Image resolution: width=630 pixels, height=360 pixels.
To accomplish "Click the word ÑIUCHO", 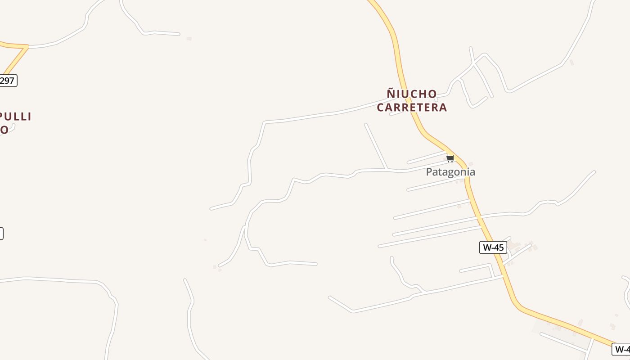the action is click(x=412, y=94).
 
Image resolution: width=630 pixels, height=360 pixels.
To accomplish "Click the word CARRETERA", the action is click(x=412, y=107).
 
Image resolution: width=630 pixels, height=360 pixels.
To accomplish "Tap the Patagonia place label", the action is click(x=450, y=172).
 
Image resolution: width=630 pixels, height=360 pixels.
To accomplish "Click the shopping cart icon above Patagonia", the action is click(x=450, y=158).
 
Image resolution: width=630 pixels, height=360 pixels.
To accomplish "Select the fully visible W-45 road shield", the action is click(x=493, y=247).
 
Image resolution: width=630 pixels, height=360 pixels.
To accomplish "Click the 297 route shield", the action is click(x=7, y=81).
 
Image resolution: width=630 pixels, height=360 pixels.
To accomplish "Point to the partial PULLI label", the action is click(x=16, y=117).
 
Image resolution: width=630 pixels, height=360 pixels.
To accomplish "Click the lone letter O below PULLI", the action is click(x=4, y=130).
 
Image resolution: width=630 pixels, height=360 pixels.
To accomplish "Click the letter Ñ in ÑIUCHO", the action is click(x=391, y=94).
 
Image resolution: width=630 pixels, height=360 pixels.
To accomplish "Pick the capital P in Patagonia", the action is click(x=429, y=172).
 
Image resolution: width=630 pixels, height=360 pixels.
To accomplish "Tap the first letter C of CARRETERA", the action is click(x=381, y=107).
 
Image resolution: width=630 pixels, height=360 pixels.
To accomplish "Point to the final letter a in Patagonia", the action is click(x=472, y=172).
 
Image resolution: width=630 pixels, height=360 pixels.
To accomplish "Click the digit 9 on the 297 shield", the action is click(x=7, y=81).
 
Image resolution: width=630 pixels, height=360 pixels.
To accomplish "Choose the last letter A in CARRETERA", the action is click(x=443, y=107).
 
